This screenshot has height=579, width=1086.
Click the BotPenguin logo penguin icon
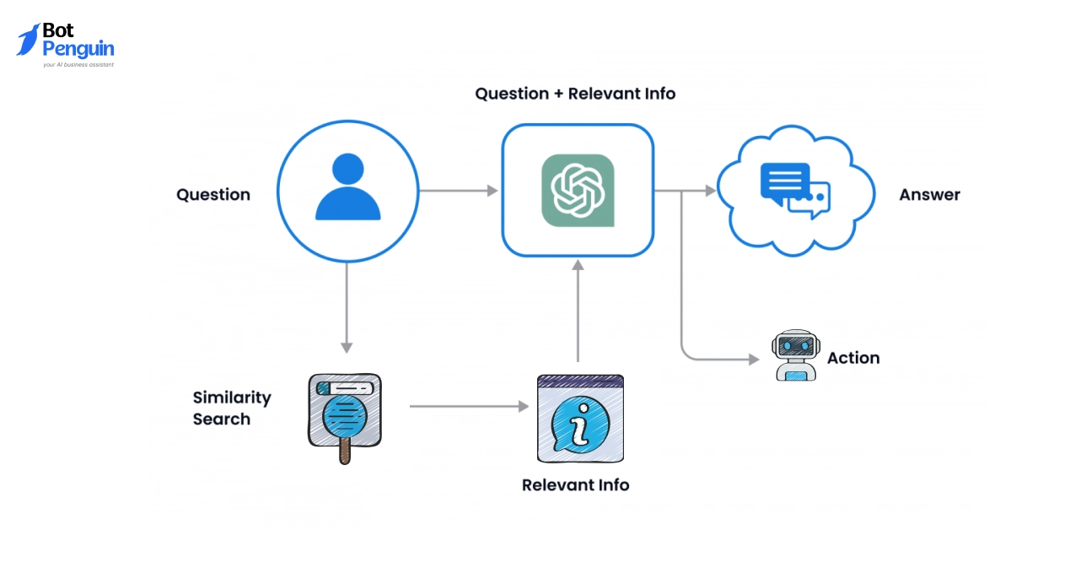click(28, 40)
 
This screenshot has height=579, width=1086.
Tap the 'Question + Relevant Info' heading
click(575, 94)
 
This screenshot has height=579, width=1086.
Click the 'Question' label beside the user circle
click(213, 195)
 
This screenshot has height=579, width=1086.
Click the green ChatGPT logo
click(578, 191)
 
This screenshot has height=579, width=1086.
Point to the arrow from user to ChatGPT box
click(459, 191)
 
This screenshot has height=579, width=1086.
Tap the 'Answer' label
click(929, 195)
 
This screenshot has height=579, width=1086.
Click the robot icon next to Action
click(795, 355)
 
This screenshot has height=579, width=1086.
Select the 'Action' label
click(853, 358)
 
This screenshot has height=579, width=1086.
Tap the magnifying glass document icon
click(344, 415)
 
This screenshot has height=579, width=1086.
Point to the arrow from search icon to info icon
click(469, 407)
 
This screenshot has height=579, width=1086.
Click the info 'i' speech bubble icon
click(581, 419)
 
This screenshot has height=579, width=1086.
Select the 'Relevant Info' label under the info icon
click(575, 485)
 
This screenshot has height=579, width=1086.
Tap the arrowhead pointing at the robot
click(754, 360)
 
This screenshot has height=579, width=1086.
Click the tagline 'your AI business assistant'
click(78, 64)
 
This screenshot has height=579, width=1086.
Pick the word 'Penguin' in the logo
click(78, 49)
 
